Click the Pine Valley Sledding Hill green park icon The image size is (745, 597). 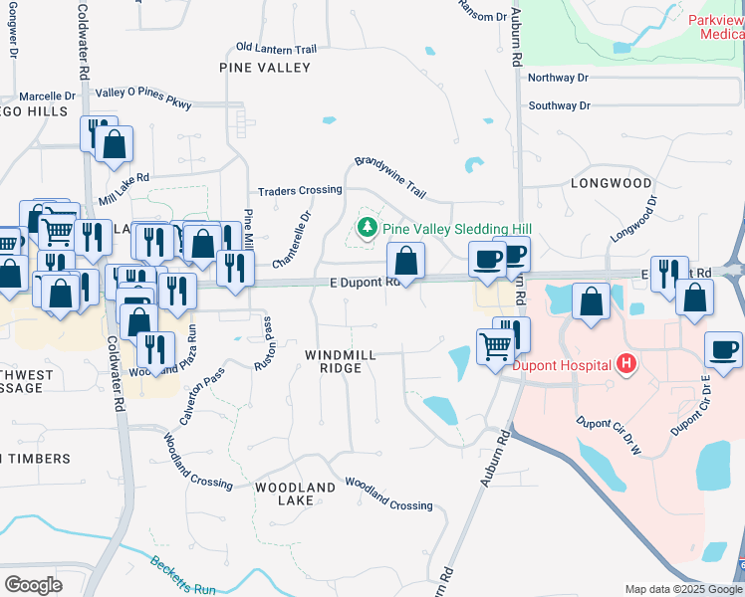tap(368, 228)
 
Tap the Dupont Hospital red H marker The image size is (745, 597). tap(625, 364)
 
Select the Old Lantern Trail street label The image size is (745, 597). tap(276, 48)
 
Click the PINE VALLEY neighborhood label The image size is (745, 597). tap(265, 68)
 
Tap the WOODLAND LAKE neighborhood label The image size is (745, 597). tap(295, 494)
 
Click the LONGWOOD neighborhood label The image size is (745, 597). tap(612, 183)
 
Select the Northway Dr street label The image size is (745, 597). tap(559, 78)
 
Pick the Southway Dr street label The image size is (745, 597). tap(559, 105)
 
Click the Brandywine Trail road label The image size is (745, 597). tap(390, 177)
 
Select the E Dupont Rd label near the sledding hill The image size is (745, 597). tap(365, 283)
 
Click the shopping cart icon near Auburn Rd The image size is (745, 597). tap(495, 347)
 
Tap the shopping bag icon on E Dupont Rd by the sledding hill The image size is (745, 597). tap(405, 262)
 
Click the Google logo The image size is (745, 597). tap(33, 584)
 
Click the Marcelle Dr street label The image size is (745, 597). tap(47, 97)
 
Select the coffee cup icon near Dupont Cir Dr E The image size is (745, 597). tap(723, 350)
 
